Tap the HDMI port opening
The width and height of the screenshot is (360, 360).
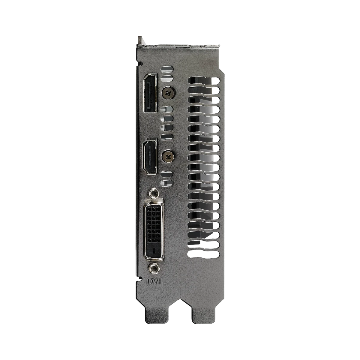coord(150,156)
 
